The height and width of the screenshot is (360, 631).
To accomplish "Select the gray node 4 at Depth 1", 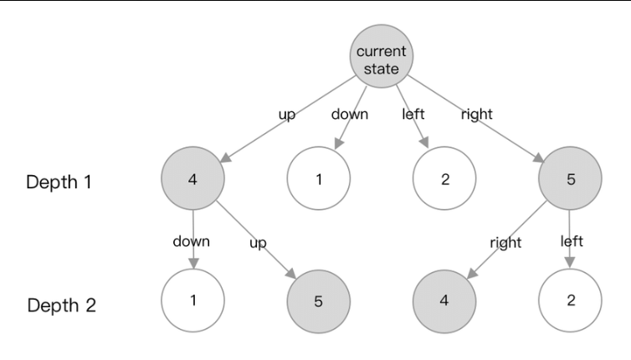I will tap(193, 179).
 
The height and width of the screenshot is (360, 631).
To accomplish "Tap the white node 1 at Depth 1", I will tap(319, 179).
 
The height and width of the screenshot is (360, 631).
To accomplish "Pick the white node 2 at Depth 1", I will tap(444, 179).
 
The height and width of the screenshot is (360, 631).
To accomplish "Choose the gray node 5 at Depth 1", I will tap(571, 179).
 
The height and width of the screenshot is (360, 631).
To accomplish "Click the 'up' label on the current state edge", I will tap(287, 115).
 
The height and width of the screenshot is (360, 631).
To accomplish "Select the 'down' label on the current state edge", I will tap(350, 115).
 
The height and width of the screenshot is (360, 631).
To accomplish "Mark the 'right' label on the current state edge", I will tap(476, 115).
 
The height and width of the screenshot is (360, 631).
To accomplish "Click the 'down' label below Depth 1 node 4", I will tap(192, 242).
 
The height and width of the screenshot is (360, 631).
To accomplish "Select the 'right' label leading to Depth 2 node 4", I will tap(505, 243).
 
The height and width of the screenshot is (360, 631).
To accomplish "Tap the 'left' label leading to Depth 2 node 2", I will tap(572, 242).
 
